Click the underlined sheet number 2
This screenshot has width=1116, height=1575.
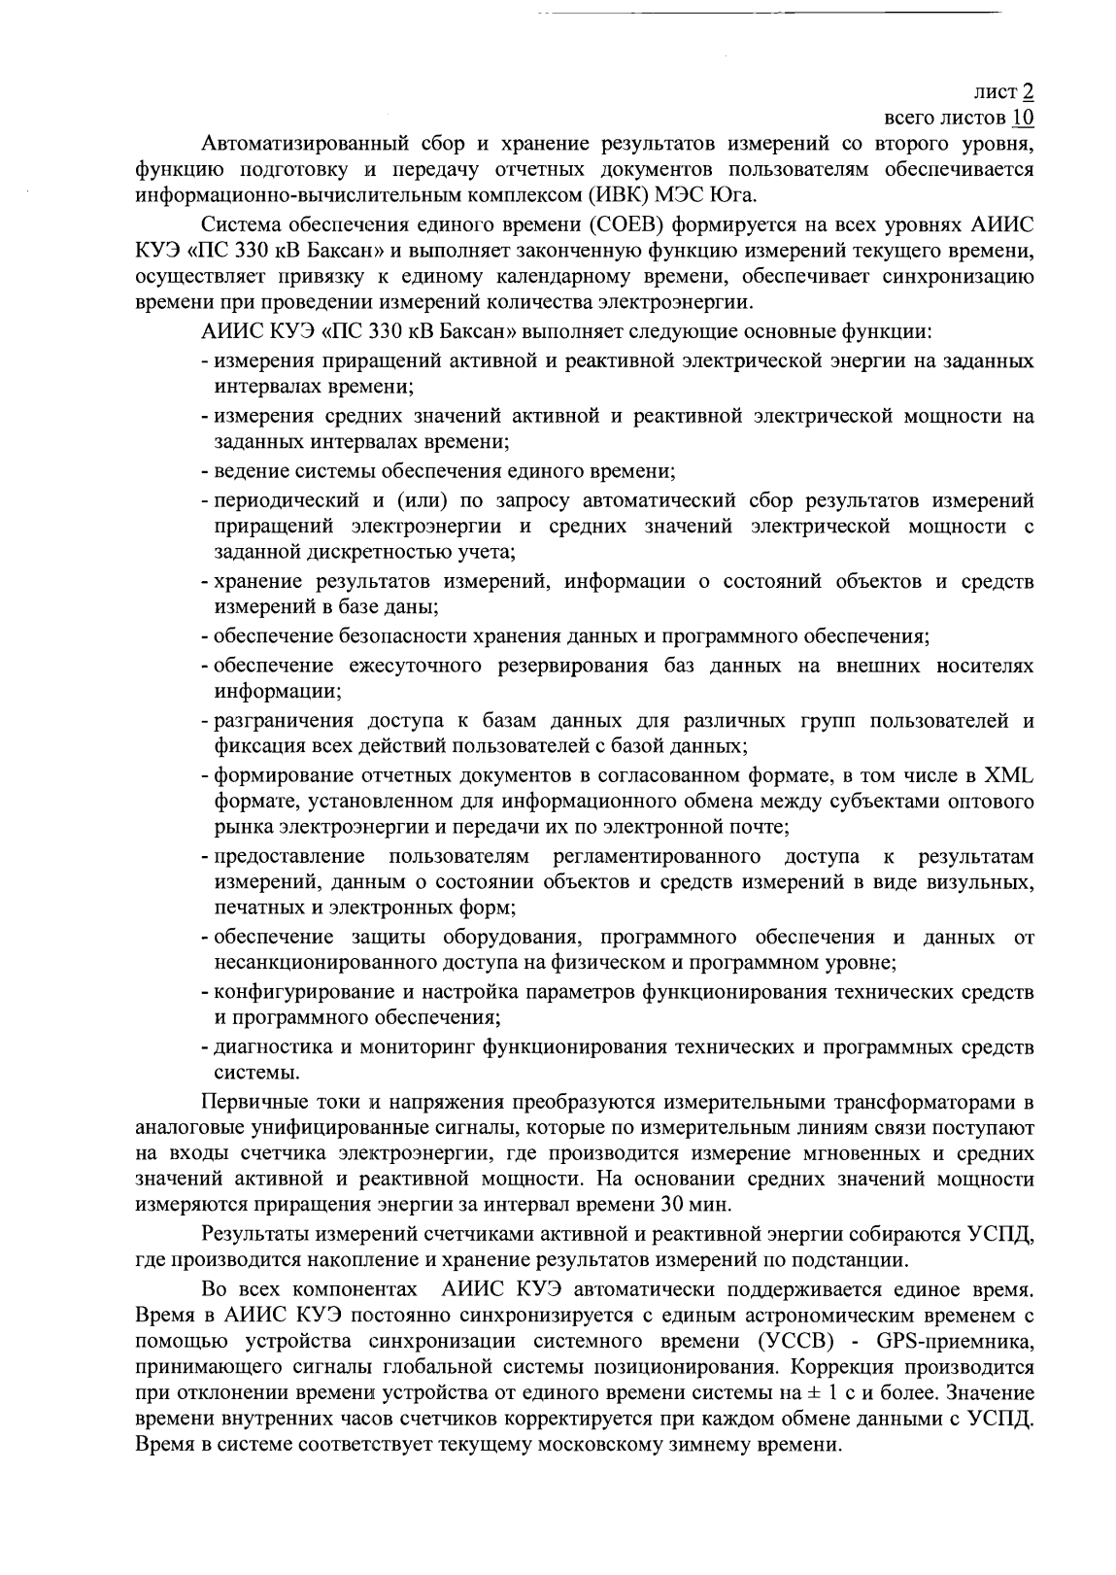[1028, 93]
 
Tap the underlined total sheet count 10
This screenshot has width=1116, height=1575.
[1023, 119]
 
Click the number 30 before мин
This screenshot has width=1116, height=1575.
[675, 1205]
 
